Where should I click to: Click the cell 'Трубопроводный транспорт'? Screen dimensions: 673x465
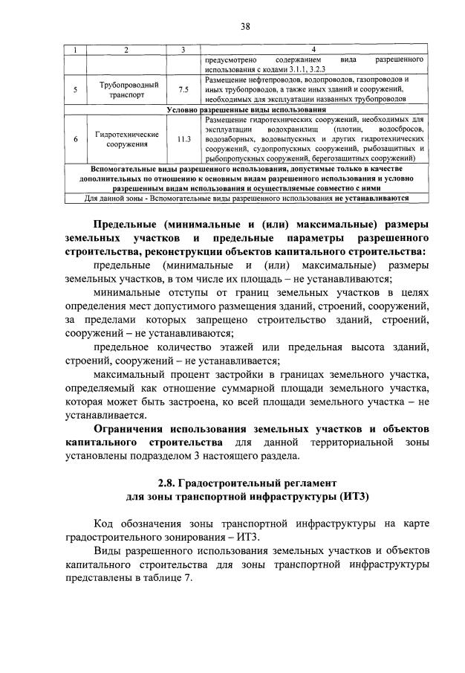click(x=125, y=91)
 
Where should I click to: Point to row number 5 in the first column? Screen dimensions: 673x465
click(x=75, y=91)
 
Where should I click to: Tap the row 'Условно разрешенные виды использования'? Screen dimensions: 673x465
click(x=243, y=110)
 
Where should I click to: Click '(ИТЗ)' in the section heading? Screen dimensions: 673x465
click(x=351, y=496)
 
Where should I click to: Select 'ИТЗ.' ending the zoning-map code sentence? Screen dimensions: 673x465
click(x=252, y=538)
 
